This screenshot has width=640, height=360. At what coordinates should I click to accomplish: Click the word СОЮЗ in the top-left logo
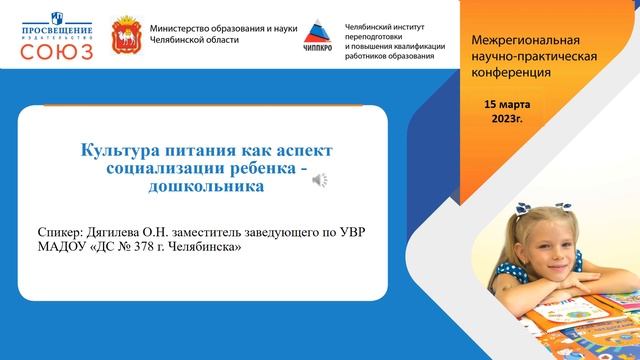[x=56, y=50]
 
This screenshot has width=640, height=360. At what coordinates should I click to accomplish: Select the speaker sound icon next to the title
[x=318, y=179]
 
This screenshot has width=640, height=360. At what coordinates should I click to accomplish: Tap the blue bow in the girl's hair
[x=530, y=212]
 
